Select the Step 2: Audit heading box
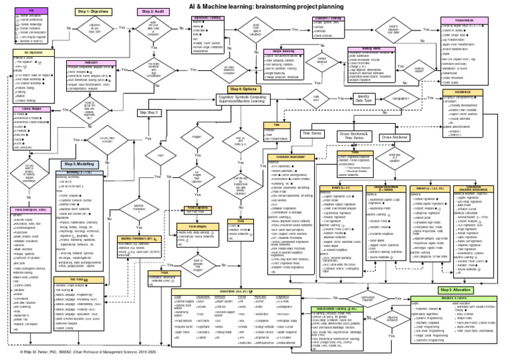coord(155,13)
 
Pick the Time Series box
coord(312,134)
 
